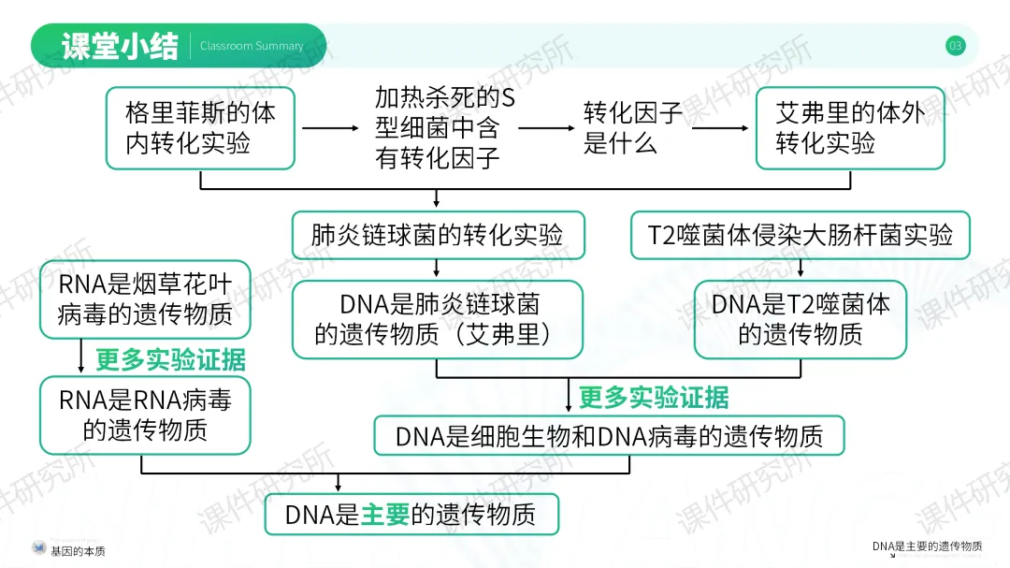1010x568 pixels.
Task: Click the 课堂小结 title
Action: coord(119,46)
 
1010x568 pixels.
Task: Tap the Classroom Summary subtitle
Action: coord(252,46)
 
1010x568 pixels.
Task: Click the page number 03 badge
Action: coord(955,45)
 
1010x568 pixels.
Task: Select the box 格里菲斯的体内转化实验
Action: coord(201,128)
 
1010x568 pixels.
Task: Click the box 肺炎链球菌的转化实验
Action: coord(438,235)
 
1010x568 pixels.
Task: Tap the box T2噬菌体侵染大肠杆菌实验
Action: coord(801,235)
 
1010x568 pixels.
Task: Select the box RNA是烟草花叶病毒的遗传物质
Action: coord(145,299)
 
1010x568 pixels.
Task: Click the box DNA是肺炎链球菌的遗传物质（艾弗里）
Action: coord(438,319)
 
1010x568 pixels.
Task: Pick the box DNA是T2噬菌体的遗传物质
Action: coord(801,319)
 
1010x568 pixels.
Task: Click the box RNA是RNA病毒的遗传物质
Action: coord(145,415)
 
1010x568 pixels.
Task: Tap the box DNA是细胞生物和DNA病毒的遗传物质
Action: coord(609,436)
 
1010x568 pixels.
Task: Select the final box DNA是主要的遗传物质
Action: coord(411,515)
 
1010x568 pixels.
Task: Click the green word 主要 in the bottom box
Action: coord(385,515)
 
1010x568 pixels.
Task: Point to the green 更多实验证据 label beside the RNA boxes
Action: coord(170,359)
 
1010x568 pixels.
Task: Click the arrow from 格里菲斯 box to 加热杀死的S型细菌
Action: coord(330,128)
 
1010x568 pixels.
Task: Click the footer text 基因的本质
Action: coord(78,551)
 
